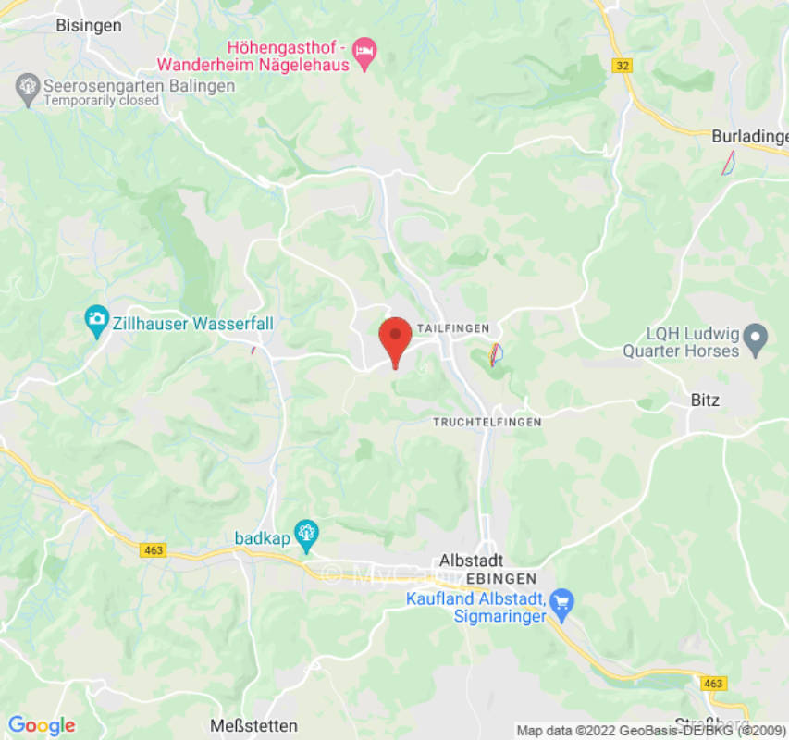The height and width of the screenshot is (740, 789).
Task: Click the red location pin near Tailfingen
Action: [x=396, y=339]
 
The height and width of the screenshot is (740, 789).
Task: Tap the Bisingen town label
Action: [x=88, y=26]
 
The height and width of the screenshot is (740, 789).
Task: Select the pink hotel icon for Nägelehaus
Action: [x=366, y=55]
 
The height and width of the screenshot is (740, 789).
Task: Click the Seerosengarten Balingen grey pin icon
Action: [x=28, y=90]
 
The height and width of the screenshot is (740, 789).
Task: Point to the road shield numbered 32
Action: [x=622, y=65]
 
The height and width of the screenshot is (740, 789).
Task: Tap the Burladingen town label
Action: [x=749, y=137]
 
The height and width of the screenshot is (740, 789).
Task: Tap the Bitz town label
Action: [x=705, y=401]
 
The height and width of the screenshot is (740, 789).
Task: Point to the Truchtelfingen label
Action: [x=487, y=422]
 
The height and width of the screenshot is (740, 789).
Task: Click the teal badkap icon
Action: [x=307, y=534]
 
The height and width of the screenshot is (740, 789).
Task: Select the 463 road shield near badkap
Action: [x=154, y=549]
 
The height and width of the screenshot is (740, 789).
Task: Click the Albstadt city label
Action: [x=471, y=561]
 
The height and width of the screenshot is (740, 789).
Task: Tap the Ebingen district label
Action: [x=501, y=578]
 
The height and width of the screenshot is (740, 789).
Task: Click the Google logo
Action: [x=42, y=725]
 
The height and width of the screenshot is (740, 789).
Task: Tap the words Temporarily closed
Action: [x=101, y=100]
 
